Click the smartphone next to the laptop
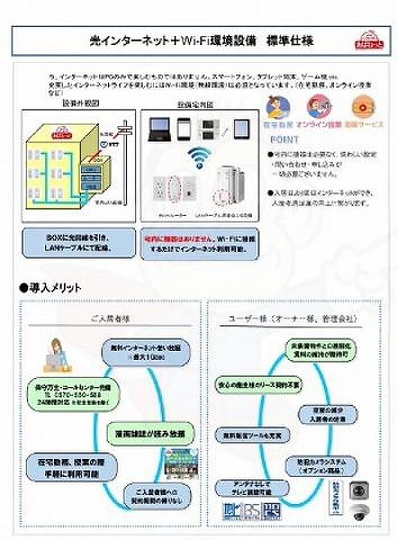183,129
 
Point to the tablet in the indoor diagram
241,129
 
